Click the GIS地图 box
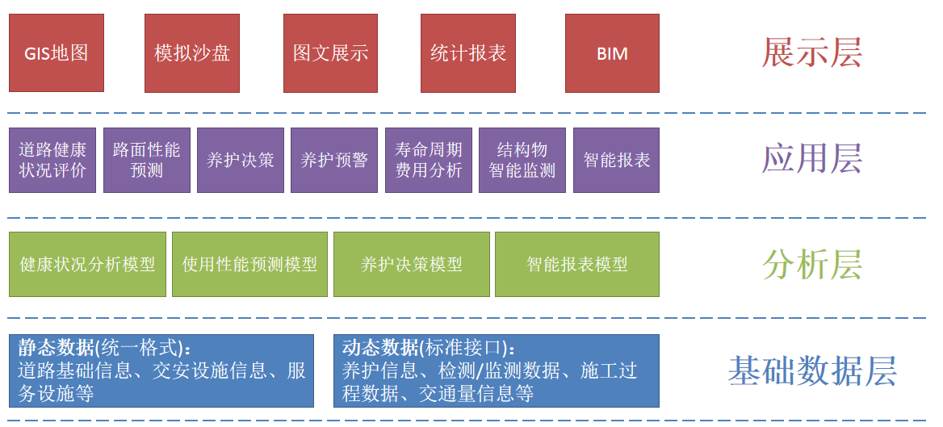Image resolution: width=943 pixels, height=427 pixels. point(57,53)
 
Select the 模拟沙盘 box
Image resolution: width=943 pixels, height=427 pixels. point(192,53)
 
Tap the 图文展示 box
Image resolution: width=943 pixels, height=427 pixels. point(331,53)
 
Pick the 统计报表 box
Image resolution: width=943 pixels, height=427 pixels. point(468,53)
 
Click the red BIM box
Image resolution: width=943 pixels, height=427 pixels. point(612,53)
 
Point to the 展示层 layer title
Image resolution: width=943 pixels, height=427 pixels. point(811,52)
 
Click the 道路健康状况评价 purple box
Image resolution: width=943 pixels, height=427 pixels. point(52,160)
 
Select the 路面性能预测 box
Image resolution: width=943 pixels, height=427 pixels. point(147,160)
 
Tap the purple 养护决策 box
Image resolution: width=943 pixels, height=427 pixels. point(241,160)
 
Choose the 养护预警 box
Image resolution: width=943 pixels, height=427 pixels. point(334,160)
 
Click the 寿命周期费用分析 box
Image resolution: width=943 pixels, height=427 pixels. point(429,160)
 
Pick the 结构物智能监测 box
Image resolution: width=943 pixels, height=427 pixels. point(522,160)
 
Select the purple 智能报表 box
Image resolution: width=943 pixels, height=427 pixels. point(616,160)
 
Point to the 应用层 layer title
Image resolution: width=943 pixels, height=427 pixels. point(811,158)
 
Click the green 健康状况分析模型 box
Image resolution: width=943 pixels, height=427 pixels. point(87,264)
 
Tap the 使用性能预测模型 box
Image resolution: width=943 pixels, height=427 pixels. point(249,264)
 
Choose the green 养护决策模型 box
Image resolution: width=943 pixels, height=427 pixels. point(412,264)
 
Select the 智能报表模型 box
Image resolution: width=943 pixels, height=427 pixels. point(576,264)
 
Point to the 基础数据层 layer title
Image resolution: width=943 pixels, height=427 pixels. point(811,371)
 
